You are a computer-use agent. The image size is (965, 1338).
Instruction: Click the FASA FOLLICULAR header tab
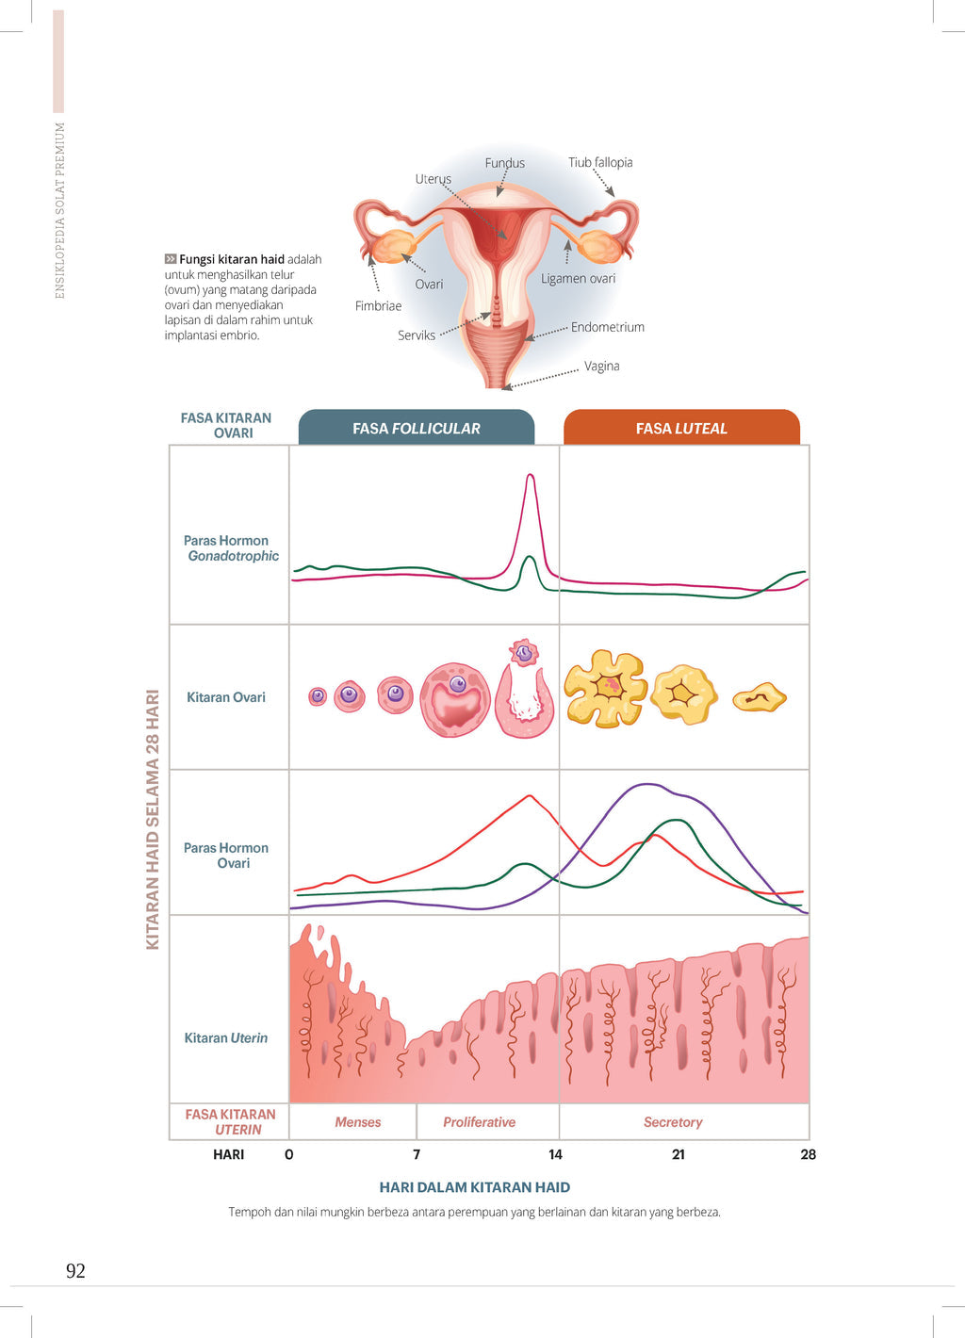(x=417, y=428)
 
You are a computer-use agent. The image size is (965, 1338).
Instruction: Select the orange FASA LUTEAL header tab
(x=681, y=428)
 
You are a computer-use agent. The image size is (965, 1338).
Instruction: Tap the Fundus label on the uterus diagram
(x=504, y=163)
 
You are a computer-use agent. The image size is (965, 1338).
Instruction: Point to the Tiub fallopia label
(x=600, y=162)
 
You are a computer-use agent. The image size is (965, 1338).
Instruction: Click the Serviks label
(x=417, y=335)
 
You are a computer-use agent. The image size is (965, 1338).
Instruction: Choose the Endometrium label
(x=608, y=327)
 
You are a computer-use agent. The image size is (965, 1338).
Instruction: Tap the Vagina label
(x=601, y=366)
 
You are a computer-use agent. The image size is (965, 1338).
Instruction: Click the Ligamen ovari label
(x=578, y=278)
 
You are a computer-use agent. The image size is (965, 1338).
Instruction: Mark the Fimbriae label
(x=378, y=305)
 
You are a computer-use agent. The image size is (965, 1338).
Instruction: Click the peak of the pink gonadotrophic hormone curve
(x=531, y=475)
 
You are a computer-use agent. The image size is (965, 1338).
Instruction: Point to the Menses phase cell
(x=358, y=1122)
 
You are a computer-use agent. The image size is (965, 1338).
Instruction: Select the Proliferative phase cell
(x=479, y=1122)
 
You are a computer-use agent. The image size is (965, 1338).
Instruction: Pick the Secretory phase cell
(x=673, y=1122)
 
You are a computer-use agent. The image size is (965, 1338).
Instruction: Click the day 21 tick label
(x=679, y=1154)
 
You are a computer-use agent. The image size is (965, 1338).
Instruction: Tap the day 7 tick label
(x=417, y=1154)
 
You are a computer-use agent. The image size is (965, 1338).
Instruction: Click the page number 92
(x=75, y=1271)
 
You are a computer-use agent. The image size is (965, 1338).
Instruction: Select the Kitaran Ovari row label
(x=226, y=697)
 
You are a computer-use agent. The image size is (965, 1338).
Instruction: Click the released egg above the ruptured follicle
(x=523, y=652)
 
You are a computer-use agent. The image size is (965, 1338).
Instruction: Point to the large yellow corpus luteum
(x=605, y=688)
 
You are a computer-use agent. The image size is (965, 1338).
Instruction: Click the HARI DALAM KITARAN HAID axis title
(x=475, y=1187)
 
